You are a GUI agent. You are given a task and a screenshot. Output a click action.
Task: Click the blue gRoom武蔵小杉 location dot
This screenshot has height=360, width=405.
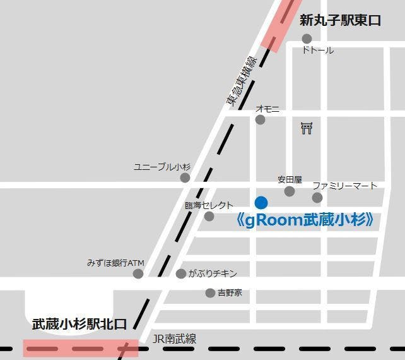(261, 203)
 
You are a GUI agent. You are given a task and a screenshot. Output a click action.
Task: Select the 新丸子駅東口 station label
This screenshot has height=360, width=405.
(340, 21)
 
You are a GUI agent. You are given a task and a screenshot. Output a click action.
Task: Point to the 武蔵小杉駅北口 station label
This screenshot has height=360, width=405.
(79, 325)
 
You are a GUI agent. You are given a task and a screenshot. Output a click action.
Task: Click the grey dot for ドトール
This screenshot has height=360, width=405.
(307, 39)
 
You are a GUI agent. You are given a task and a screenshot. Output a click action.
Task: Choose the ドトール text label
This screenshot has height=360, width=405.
(318, 51)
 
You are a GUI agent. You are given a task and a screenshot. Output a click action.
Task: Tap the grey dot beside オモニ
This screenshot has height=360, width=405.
(260, 120)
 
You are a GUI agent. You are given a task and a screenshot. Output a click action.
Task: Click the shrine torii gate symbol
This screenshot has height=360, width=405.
(307, 129)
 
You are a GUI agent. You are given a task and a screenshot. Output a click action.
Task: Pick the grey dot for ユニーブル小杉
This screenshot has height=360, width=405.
(185, 178)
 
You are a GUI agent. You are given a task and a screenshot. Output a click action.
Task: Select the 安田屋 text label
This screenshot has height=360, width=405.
(290, 180)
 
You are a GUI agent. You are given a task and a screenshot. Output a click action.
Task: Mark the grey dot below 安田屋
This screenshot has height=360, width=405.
(290, 191)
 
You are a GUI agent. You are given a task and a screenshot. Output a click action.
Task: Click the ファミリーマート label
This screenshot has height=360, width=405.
(344, 186)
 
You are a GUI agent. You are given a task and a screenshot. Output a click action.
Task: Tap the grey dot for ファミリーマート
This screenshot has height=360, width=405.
(317, 198)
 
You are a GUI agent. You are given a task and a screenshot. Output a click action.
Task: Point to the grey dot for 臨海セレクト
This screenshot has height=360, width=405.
(209, 217)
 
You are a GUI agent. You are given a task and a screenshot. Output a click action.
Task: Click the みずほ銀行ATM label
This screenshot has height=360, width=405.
(116, 262)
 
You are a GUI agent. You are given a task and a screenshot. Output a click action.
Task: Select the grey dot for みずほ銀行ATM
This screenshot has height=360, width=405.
(138, 273)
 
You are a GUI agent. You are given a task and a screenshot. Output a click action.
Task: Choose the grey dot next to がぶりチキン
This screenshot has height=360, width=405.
(181, 273)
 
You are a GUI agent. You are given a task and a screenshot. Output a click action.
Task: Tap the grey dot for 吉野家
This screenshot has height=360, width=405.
(210, 293)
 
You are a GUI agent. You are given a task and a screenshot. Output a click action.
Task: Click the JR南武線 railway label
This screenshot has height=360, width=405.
(175, 339)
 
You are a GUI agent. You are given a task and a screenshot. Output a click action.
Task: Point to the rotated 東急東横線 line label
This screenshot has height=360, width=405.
(242, 80)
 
